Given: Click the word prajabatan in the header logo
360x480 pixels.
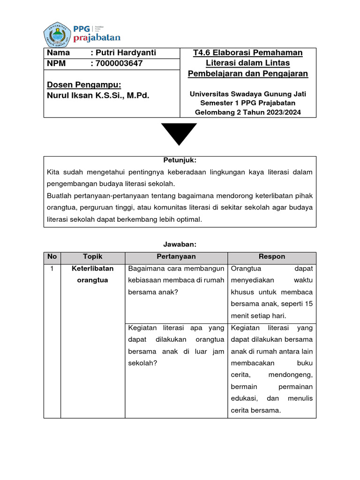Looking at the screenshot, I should pos(97,37).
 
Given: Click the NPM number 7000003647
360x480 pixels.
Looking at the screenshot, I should pos(119,63).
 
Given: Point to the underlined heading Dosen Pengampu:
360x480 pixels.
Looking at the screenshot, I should pos(84,85).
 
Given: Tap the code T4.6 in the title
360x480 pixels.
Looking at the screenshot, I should pos(202,53).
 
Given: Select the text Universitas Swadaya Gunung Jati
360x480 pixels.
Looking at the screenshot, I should pos(247,94).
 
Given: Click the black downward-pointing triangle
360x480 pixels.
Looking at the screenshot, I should pos(179,134).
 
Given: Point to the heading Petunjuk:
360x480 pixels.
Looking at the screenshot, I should pos(180,160).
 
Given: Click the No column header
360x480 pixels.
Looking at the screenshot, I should pos(52,257).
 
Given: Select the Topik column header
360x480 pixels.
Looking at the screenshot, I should pos(92,257).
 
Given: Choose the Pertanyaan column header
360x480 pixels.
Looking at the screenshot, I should pos(176,257).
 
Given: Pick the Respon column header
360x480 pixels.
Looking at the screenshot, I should pos(271,257).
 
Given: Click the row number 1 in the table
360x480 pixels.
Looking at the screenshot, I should pos(52,269).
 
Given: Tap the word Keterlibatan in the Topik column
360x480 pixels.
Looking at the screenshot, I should pos(92,269).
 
